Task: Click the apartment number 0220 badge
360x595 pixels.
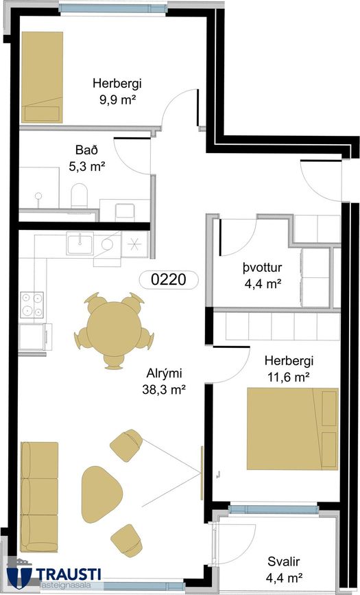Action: click(169, 279)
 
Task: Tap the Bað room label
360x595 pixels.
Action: click(86, 150)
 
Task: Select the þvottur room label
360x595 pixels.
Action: click(262, 267)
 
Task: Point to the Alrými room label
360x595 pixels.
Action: click(164, 373)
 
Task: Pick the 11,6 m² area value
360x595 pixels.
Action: click(289, 377)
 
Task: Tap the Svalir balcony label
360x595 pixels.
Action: click(284, 561)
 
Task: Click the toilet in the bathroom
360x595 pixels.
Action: click(80, 196)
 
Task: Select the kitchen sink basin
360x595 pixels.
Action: click(80, 243)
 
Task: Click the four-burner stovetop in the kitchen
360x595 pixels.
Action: click(32, 305)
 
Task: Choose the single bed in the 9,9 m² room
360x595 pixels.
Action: click(42, 78)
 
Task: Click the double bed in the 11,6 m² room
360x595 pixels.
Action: click(293, 429)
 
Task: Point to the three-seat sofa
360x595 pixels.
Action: click(39, 497)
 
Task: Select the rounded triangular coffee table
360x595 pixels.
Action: click(101, 494)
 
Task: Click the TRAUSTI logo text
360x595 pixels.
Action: click(69, 574)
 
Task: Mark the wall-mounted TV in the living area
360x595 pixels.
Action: click(202, 473)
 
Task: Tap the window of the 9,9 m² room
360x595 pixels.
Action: click(113, 8)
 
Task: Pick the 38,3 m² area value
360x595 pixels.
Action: click(164, 389)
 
